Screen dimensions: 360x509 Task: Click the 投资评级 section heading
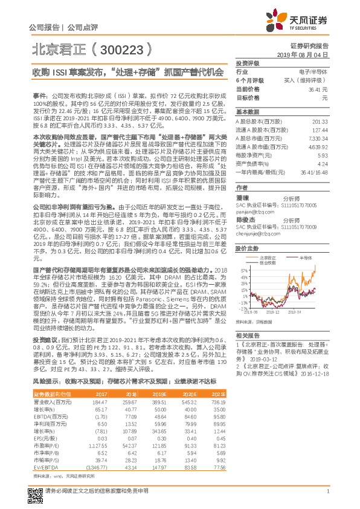click(247, 63)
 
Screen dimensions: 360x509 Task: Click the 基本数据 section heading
click(247, 112)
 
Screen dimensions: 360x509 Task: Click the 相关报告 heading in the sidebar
click(247, 334)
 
